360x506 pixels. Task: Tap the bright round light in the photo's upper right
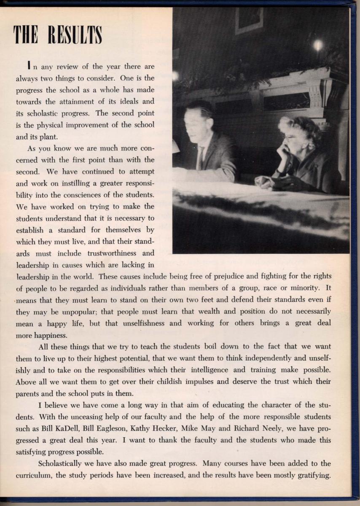coord(318,45)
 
